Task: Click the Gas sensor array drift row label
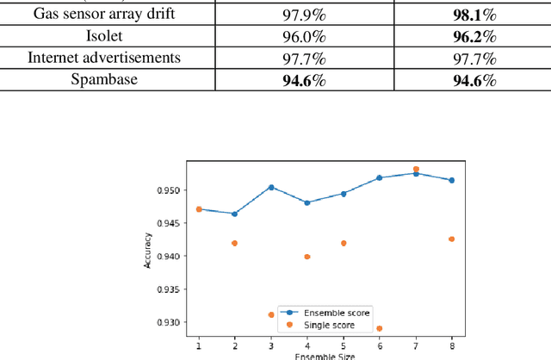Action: pos(107,16)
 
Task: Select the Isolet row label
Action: pos(107,38)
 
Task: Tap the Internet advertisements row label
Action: pos(107,59)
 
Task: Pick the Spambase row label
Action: pos(107,80)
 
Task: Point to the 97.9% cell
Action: pos(305,16)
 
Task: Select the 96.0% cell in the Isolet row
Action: pos(305,38)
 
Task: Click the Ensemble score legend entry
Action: pos(324,313)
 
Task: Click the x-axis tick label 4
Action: pos(307,344)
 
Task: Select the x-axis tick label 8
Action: pos(452,344)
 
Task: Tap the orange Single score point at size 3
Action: pos(270,314)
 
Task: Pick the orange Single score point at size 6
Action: pos(380,328)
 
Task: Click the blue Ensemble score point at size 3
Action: pos(270,187)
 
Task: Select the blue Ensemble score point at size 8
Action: pos(452,180)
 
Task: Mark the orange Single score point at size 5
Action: pos(344,243)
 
